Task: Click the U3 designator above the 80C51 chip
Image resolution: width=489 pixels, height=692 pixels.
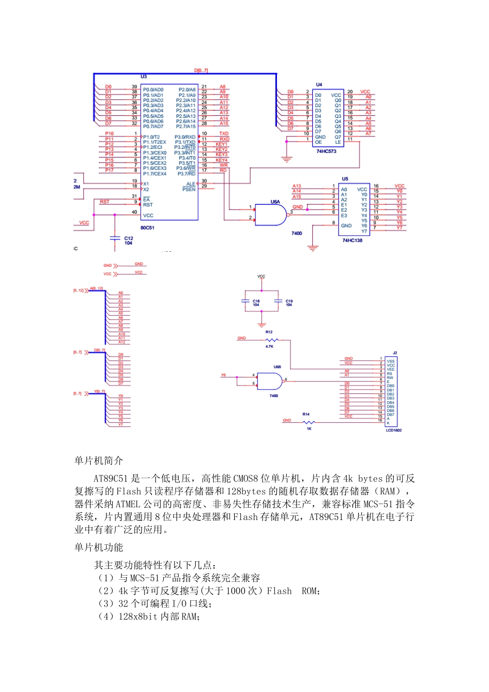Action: coord(144,77)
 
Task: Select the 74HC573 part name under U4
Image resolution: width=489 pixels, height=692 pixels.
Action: coord(326,151)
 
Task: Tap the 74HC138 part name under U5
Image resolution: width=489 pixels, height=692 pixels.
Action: coord(353,240)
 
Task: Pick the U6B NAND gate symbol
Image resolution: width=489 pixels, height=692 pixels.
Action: coord(270,382)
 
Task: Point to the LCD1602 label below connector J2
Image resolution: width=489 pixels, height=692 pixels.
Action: coord(394,430)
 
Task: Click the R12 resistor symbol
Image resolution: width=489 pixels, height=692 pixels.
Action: coord(271,340)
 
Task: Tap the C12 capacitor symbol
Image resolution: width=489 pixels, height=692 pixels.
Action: coord(115,238)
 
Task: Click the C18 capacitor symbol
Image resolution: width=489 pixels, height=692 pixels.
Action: coord(246,301)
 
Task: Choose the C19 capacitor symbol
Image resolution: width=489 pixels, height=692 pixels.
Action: coord(278,301)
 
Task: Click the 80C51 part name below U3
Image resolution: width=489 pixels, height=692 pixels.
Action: coord(148,228)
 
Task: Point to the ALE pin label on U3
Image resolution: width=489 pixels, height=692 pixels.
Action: coord(191,184)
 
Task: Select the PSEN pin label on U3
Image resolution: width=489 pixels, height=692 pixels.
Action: coord(189,189)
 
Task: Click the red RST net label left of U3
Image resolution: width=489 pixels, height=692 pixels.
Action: coord(104,202)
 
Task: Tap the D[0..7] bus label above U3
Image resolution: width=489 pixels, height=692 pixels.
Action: coord(201,71)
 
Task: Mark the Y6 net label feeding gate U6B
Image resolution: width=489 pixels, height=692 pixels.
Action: coord(223,375)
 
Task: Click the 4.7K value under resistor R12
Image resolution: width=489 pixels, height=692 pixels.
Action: coord(269,347)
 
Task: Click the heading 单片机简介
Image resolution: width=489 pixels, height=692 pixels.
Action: coord(99,460)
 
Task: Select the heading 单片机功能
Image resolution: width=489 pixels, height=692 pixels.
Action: coord(99,547)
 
